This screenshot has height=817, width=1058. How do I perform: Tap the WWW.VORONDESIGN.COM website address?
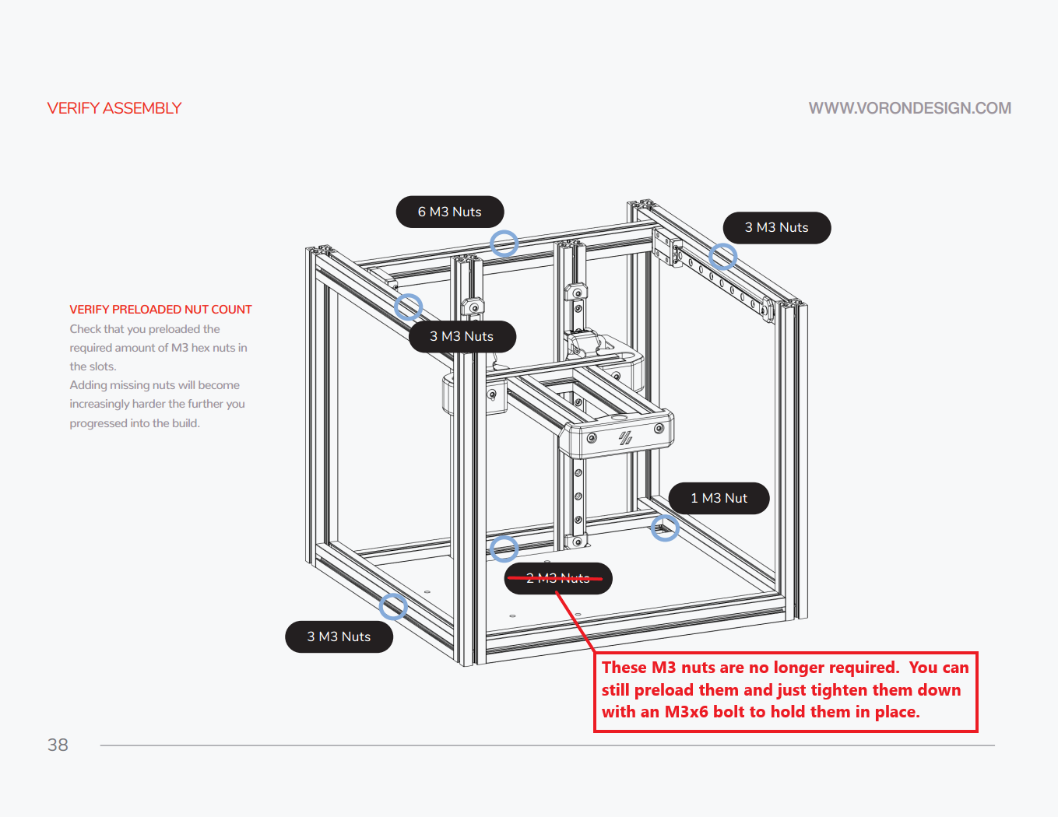(x=909, y=108)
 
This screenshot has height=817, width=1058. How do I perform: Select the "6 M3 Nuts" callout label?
(x=450, y=212)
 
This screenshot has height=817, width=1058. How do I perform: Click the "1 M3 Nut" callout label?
(x=719, y=498)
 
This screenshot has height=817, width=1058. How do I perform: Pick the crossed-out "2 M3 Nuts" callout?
(x=558, y=578)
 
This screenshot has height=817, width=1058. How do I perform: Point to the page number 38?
(x=58, y=745)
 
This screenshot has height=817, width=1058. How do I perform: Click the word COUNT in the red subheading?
(x=232, y=310)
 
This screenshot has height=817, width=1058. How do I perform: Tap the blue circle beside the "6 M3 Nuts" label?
(x=504, y=244)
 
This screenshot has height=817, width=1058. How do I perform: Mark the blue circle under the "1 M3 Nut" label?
(x=665, y=528)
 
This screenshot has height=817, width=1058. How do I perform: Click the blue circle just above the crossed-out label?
(x=504, y=549)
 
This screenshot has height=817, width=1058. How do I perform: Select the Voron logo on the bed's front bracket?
(x=625, y=438)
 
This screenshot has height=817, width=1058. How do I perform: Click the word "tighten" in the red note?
(x=839, y=690)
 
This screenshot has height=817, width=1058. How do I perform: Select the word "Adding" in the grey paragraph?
(x=88, y=385)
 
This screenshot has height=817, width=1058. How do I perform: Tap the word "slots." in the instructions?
(x=103, y=366)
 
